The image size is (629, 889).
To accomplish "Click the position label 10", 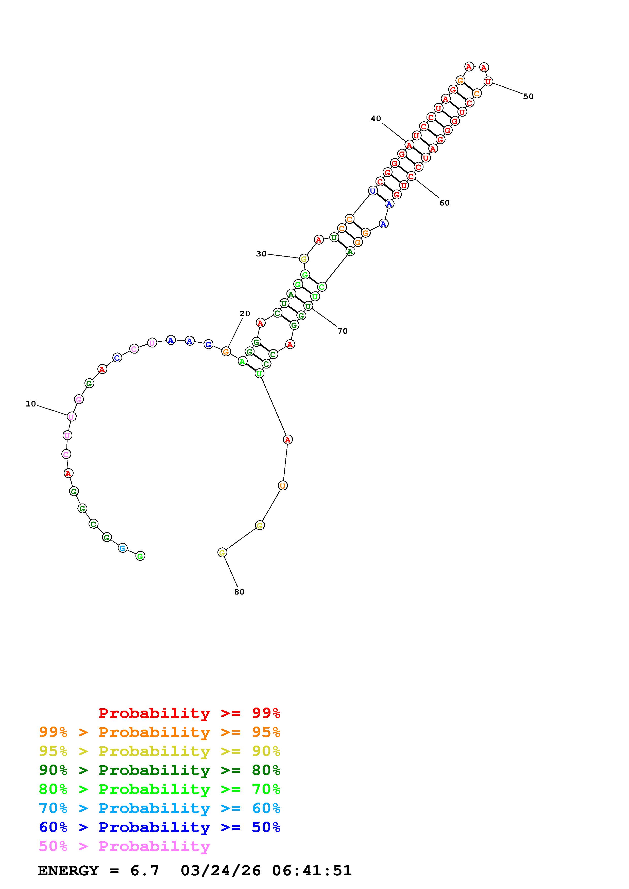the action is click(x=31, y=404).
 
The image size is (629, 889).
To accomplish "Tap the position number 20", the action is click(x=245, y=314).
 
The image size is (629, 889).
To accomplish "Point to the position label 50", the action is click(x=528, y=96).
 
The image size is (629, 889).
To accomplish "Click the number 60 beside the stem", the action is click(x=445, y=203).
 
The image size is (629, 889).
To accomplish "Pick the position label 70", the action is click(x=343, y=331).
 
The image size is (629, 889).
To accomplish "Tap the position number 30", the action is click(x=261, y=254).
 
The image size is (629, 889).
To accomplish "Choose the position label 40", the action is click(x=376, y=119).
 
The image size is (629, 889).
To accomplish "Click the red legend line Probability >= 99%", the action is click(x=190, y=713).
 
